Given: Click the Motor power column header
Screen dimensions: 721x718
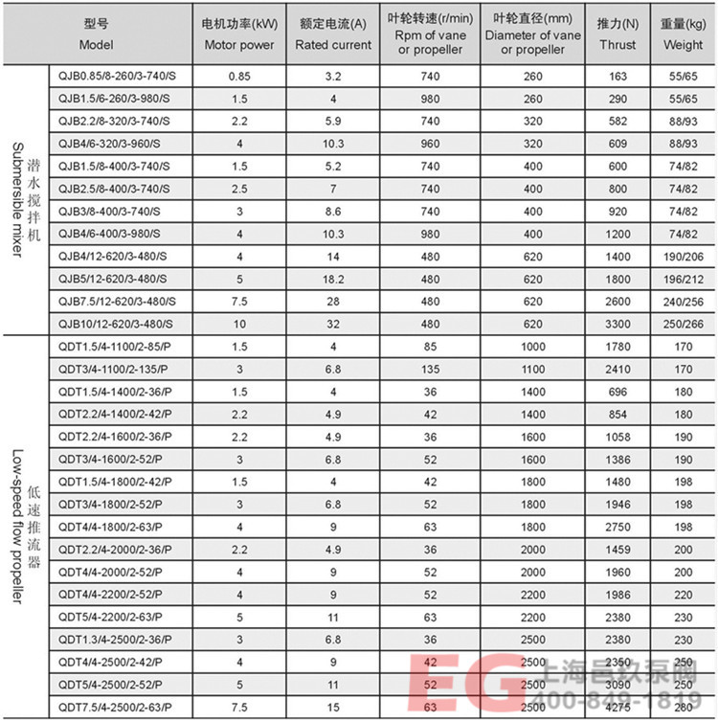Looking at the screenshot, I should click(x=239, y=35).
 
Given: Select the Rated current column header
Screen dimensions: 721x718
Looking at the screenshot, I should click(x=331, y=35).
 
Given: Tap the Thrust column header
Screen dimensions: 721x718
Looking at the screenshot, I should click(x=617, y=35).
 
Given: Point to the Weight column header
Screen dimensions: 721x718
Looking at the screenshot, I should click(x=683, y=35).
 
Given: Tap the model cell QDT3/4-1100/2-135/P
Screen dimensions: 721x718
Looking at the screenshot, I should click(x=114, y=369).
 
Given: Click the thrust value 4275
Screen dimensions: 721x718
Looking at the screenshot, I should click(x=617, y=708).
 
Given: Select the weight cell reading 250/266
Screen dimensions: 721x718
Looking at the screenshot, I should click(x=683, y=324).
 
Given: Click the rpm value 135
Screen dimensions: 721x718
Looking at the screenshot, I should click(x=429, y=369).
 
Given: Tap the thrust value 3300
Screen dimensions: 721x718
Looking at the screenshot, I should click(x=617, y=324).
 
